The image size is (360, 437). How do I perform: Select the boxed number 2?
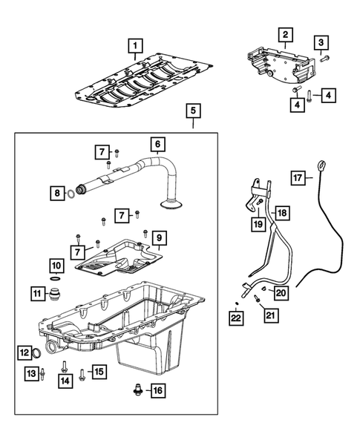285,34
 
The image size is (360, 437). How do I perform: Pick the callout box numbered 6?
158,143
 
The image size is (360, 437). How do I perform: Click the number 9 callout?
159,239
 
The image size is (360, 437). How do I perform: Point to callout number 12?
24,352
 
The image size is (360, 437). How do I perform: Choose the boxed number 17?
298,177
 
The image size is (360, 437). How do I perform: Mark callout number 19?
257,223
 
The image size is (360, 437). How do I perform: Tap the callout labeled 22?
235,318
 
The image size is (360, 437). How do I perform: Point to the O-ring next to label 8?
69,194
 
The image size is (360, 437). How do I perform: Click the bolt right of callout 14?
65,367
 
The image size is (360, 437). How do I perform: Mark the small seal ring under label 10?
57,279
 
